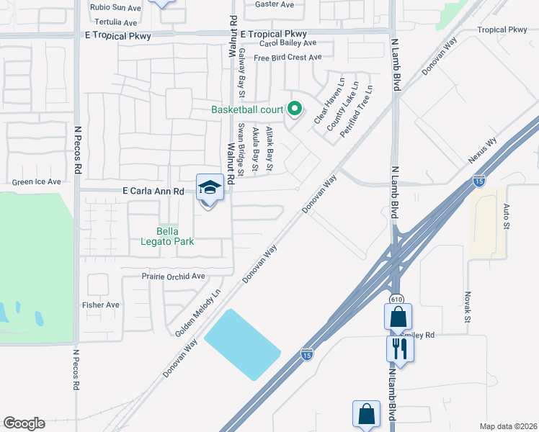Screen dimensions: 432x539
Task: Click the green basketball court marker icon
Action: pyautogui.click(x=294, y=109)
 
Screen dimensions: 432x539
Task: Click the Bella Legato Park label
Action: pyautogui.click(x=177, y=236)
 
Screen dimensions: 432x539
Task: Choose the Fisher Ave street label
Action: pyautogui.click(x=101, y=305)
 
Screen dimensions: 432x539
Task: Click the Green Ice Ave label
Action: pyautogui.click(x=37, y=182)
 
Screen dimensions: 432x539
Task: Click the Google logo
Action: pyautogui.click(x=24, y=423)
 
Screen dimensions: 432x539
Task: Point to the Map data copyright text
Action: pyautogui.click(x=508, y=426)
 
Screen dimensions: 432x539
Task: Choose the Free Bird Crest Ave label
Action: pyautogui.click(x=287, y=58)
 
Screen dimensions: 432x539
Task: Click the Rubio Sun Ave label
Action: pyautogui.click(x=115, y=8)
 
